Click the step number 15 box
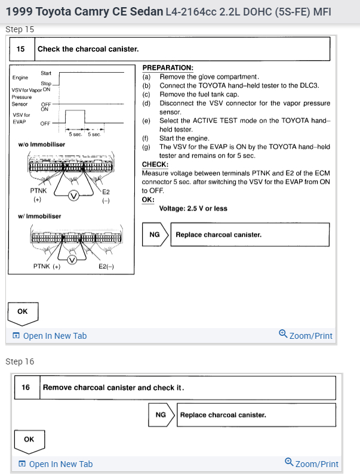click(x=21, y=49)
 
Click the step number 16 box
click(x=26, y=387)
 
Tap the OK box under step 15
click(x=22, y=311)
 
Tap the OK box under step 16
click(x=29, y=440)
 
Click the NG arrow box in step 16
click(x=161, y=415)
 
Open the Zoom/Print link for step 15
click(x=306, y=335)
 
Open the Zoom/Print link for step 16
click(x=312, y=463)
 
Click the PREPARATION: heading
click(x=167, y=69)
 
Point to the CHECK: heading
click(x=155, y=164)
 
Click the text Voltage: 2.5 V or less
click(x=193, y=209)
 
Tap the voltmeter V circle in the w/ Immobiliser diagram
click(x=72, y=259)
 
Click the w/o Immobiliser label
click(x=42, y=144)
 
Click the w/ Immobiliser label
click(x=39, y=216)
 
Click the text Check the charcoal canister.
click(x=88, y=49)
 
